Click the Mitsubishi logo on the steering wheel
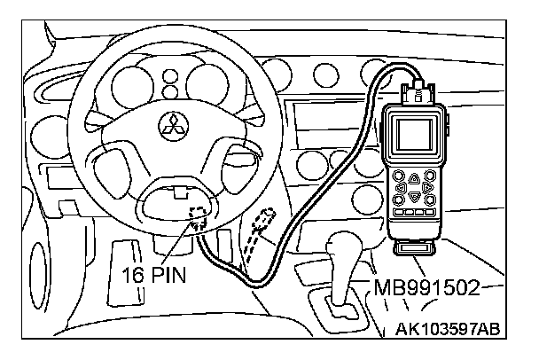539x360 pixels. [x=173, y=126]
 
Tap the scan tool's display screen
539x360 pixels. [x=414, y=135]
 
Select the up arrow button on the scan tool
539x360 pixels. [x=414, y=178]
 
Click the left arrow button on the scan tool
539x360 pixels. [x=402, y=188]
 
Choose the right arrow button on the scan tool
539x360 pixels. [x=428, y=188]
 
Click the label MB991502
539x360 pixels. [x=426, y=287]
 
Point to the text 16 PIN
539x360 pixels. [x=153, y=275]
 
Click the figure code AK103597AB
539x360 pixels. [x=448, y=329]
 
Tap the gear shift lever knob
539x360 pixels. [x=344, y=245]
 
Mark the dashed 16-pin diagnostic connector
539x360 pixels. [x=198, y=217]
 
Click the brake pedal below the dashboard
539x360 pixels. [x=126, y=271]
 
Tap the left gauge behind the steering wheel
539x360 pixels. [x=132, y=84]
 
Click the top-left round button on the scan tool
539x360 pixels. [x=399, y=176]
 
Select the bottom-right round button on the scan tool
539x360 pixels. [x=430, y=200]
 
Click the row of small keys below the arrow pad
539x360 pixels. [x=414, y=212]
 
